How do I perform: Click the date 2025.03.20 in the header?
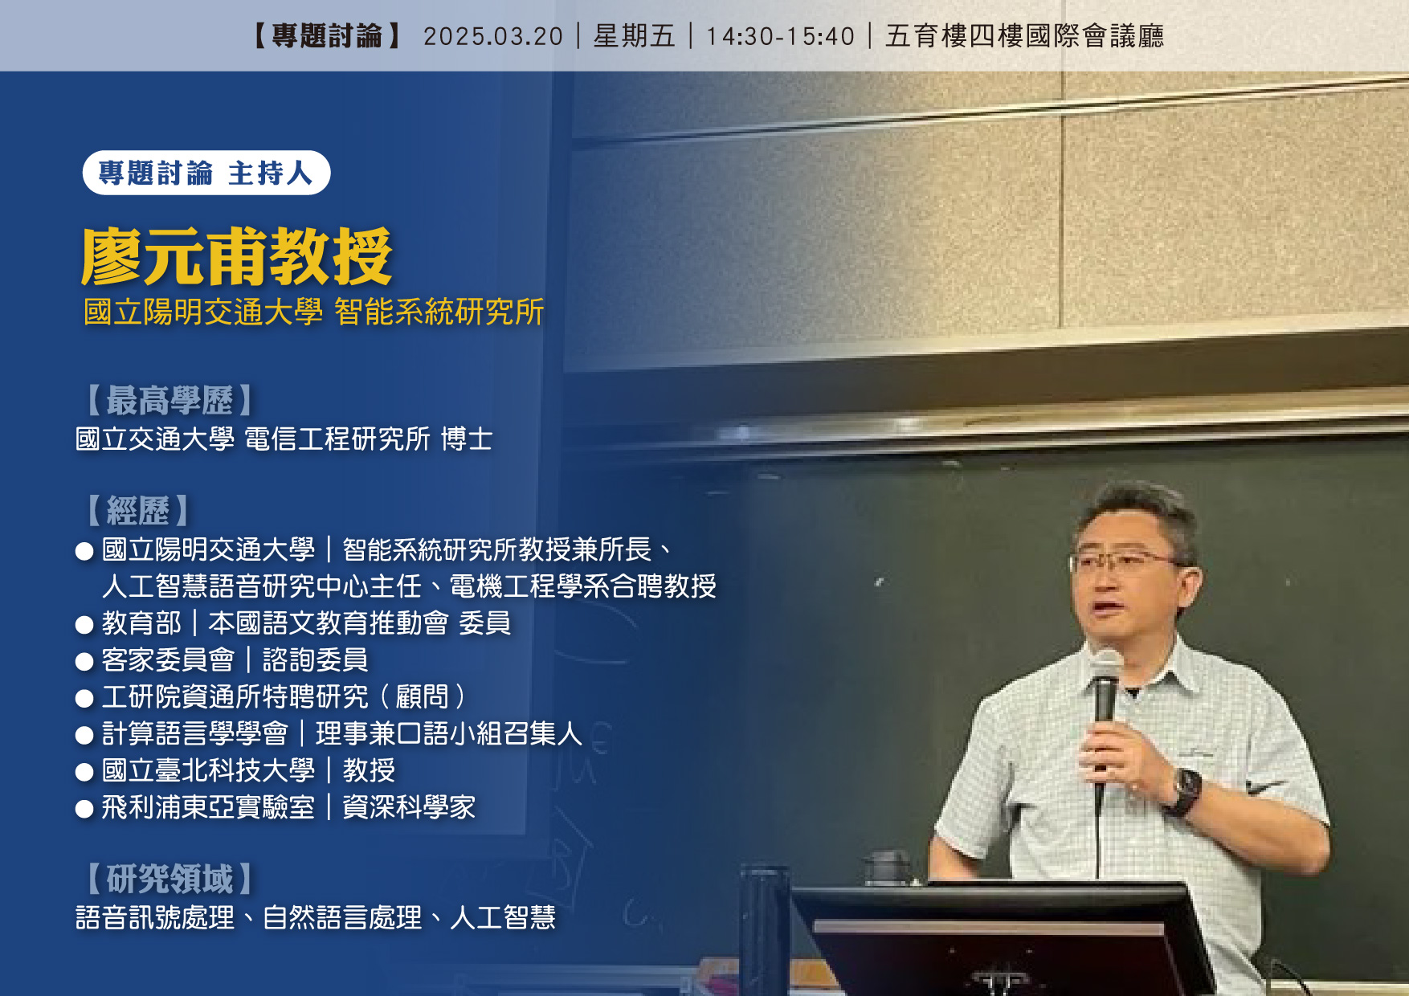point(493,36)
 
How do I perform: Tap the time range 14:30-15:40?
point(780,36)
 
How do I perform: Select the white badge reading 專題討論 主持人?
point(206,173)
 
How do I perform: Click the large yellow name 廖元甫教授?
point(237,256)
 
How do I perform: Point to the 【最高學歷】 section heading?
point(169,400)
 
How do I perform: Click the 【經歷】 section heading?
point(137,510)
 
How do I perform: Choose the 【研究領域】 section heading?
point(169,879)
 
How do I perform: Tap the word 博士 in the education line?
point(467,439)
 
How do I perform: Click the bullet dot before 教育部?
point(84,625)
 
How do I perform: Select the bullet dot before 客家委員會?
point(84,662)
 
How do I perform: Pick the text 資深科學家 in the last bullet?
point(409,807)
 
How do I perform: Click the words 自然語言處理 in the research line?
point(342,917)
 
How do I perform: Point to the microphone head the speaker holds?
point(1107,666)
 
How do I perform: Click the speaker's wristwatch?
point(1186,791)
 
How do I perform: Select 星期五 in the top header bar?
point(635,36)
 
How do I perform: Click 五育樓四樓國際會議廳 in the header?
point(1025,36)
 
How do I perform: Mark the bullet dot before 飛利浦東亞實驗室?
point(84,809)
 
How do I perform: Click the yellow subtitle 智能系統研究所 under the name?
point(439,312)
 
